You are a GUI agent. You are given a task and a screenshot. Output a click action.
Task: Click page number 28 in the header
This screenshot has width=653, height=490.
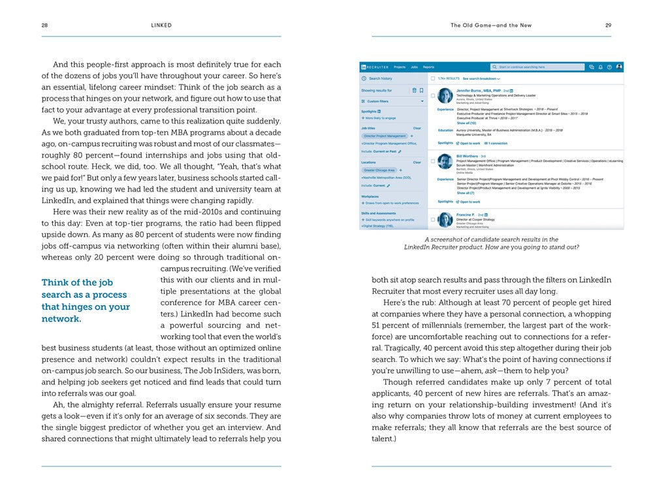44,25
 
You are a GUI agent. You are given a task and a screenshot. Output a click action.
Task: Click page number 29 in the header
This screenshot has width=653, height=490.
608,25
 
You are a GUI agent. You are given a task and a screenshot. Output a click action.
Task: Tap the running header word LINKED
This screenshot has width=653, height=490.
161,25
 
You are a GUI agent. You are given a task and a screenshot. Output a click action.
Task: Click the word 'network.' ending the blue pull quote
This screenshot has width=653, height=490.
61,319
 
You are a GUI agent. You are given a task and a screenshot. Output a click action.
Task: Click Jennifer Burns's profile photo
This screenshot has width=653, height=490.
445,95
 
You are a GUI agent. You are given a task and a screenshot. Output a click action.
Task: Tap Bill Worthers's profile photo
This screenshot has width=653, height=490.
445,161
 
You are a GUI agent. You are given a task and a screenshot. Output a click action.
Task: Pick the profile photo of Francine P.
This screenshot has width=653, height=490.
445,220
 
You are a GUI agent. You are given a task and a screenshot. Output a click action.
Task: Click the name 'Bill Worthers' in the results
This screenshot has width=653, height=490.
468,156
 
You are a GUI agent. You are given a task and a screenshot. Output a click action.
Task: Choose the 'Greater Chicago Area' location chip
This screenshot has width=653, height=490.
379,170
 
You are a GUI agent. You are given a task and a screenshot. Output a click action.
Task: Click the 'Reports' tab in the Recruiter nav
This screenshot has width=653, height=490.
428,67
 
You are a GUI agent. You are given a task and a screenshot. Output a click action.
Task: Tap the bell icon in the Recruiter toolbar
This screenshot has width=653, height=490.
600,67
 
